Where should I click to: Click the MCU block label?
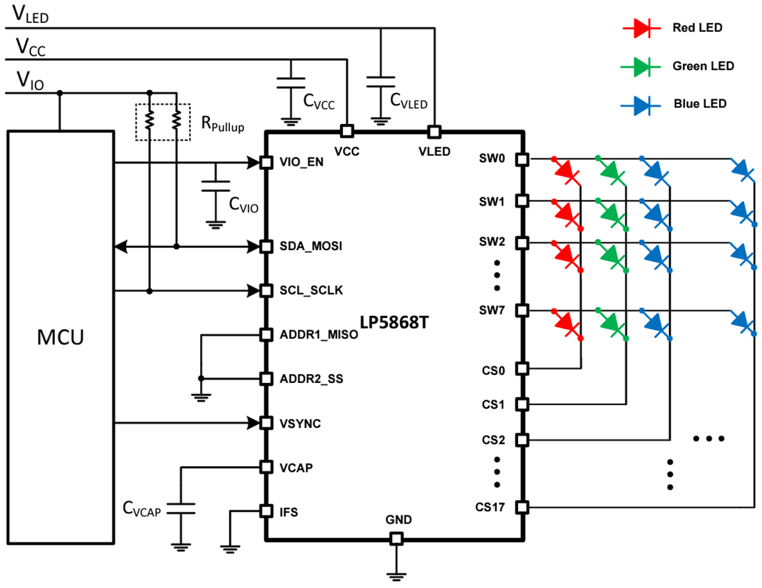[x=60, y=338]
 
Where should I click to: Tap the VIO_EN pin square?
[x=265, y=163]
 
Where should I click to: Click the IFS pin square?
[x=265, y=511]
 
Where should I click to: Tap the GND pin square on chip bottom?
[x=396, y=538]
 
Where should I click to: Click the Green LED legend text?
[x=702, y=66]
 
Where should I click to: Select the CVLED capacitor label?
[x=409, y=102]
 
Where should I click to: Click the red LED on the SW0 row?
[x=567, y=170]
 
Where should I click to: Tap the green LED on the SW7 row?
[x=612, y=322]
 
